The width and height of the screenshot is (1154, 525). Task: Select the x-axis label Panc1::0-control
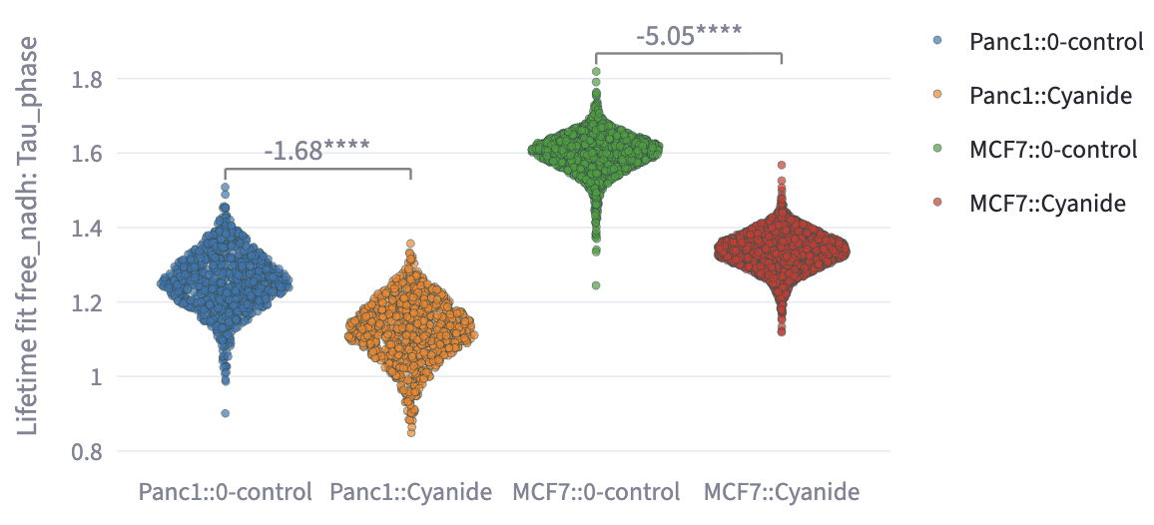coord(226,492)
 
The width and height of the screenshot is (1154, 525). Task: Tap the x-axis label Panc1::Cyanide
coord(410,492)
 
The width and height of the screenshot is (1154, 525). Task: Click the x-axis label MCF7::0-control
coord(596,492)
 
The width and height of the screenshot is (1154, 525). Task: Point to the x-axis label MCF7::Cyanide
coord(782,492)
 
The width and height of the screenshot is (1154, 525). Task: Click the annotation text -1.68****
coord(317,151)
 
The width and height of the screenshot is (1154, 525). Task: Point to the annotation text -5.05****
coord(689,35)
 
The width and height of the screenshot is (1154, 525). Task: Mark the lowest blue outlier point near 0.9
coord(226,413)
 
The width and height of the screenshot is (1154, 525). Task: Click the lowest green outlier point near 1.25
coord(596,285)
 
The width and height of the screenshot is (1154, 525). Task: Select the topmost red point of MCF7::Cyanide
coord(782,165)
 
